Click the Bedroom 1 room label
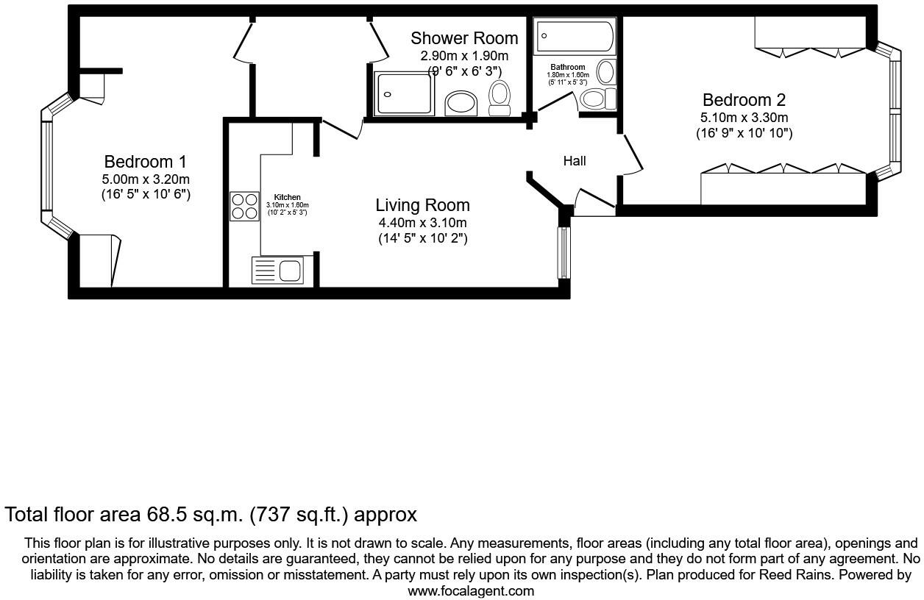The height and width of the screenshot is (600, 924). point(145,162)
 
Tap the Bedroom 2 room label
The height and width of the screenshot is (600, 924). point(744,100)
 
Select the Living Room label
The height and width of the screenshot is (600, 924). point(422,205)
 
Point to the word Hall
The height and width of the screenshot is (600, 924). point(575,161)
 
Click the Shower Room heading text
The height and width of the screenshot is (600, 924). point(464,38)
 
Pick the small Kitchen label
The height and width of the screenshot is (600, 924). point(288,197)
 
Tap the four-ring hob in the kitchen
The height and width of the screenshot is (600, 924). point(245,206)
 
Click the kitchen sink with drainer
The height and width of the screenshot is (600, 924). point(277,271)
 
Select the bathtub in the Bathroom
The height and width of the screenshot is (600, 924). point(575,36)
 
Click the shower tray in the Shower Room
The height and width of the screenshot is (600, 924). point(405,93)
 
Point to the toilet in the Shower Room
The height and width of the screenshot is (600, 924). point(499,98)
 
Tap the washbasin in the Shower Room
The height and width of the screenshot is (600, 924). point(461,104)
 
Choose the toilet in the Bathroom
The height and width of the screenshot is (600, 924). point(597,99)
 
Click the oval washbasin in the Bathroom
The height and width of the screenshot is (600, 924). point(606,72)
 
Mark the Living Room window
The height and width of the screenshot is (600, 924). point(564,252)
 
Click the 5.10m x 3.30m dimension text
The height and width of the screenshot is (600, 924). point(744,118)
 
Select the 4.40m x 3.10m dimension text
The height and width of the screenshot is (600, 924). point(423,223)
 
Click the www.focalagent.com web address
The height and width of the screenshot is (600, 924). point(471,591)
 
